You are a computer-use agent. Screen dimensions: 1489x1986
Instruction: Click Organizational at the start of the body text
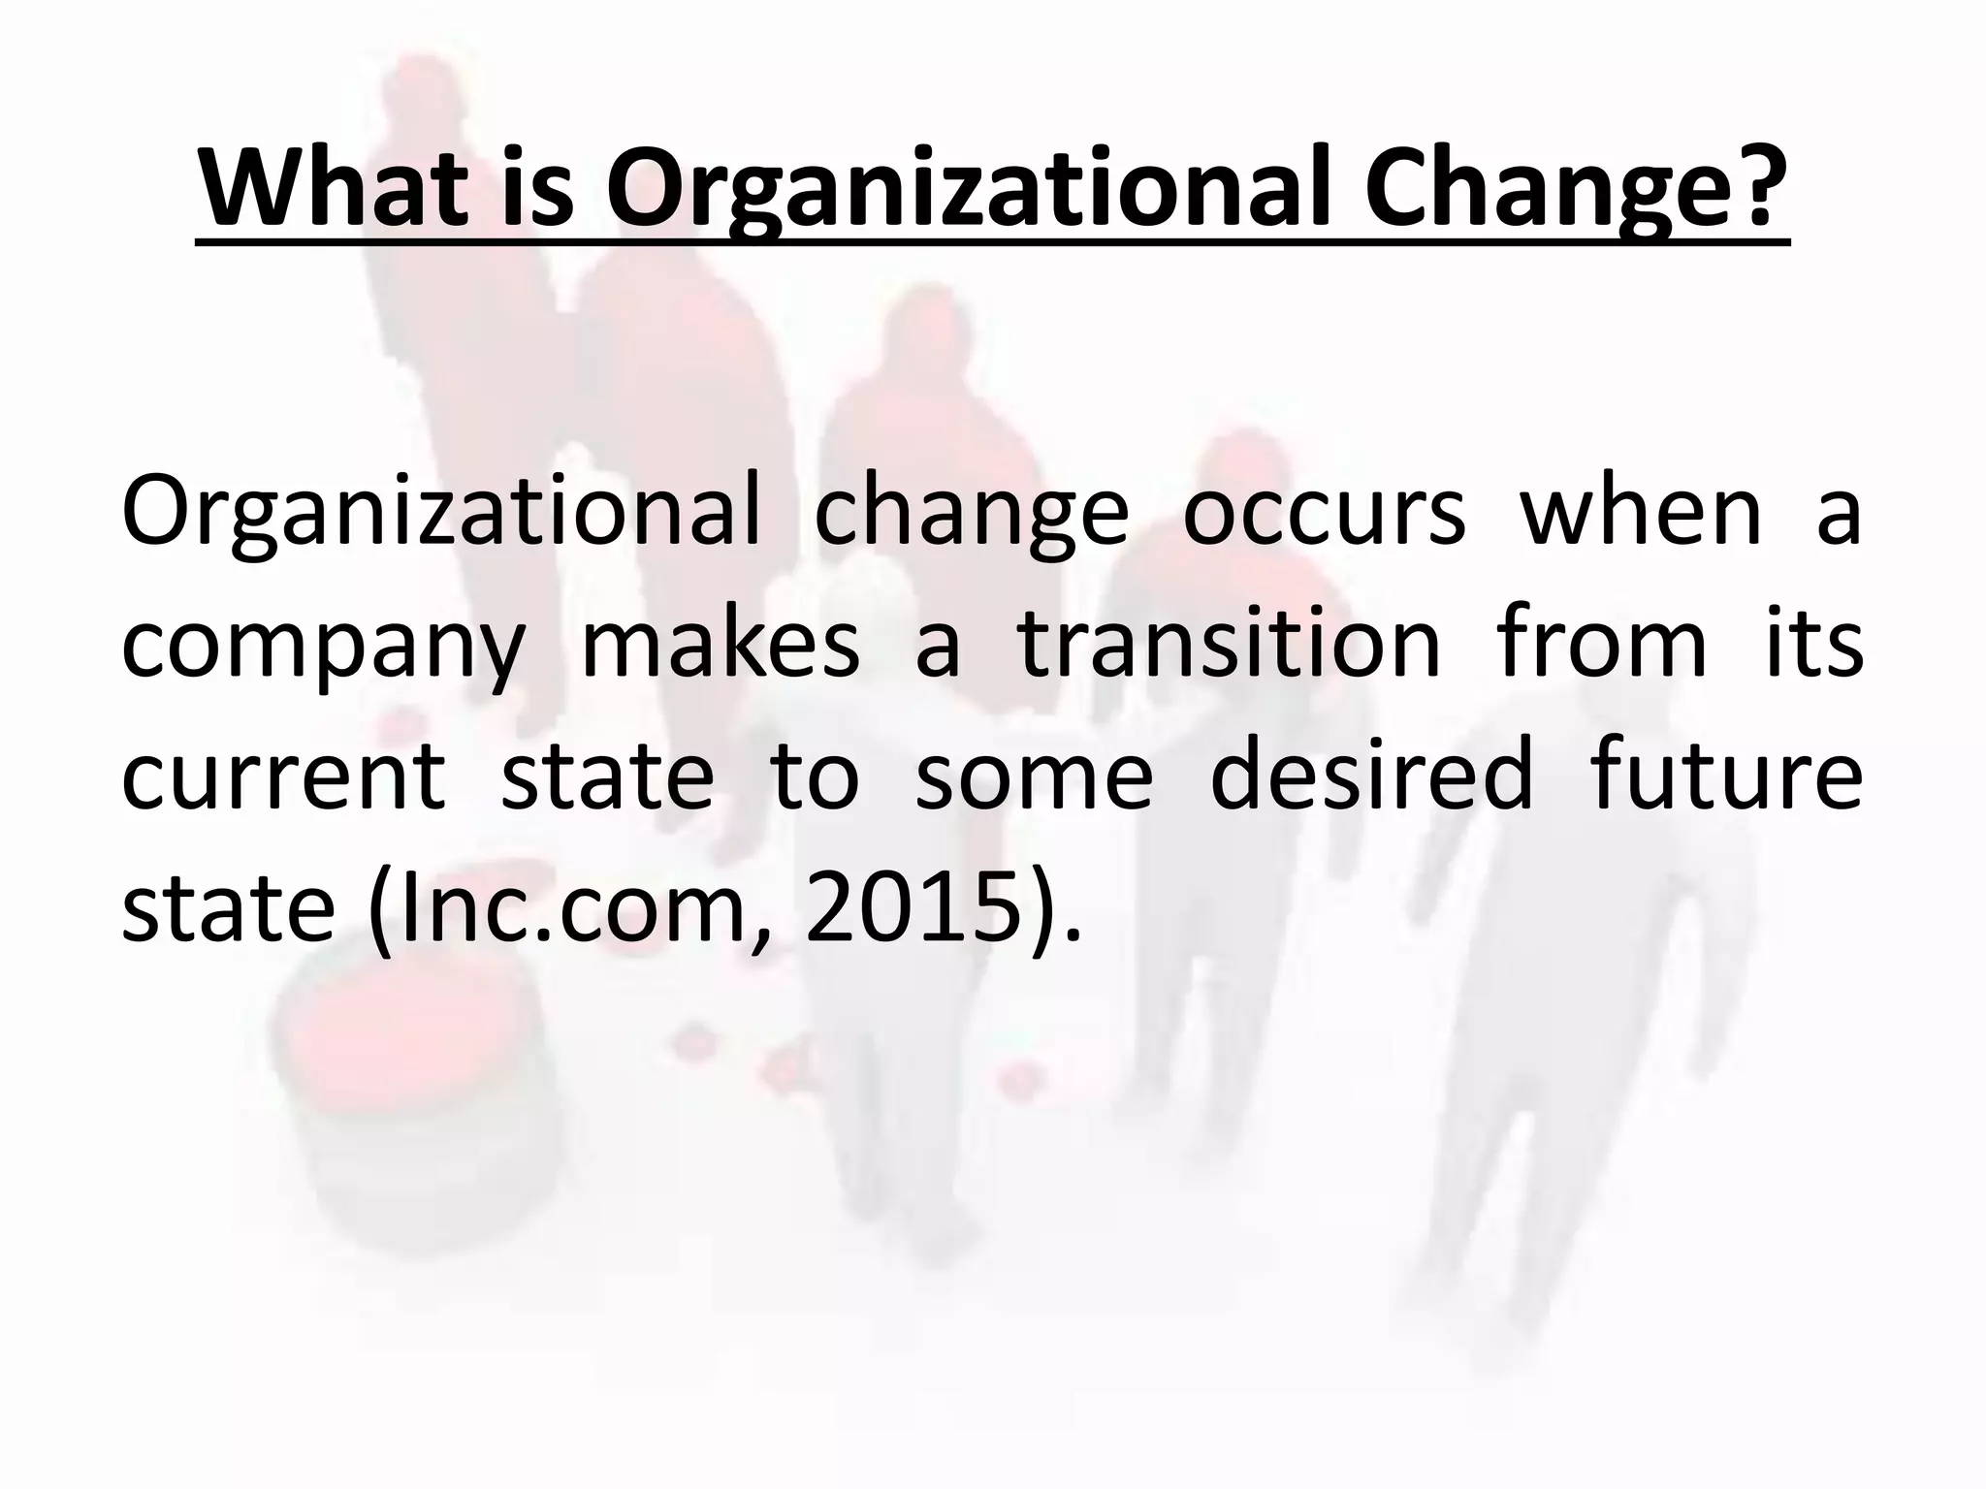click(440, 514)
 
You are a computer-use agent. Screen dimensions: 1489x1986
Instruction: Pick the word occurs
click(1324, 514)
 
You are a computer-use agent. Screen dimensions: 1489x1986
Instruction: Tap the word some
click(1034, 776)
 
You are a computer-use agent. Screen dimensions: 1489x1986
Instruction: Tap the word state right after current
click(607, 776)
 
